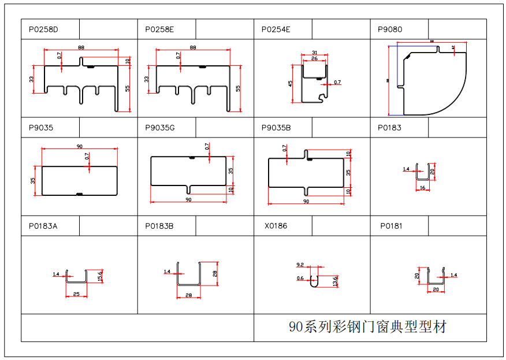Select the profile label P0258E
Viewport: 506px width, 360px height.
pyautogui.click(x=159, y=29)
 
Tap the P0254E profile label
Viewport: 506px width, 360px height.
pyautogui.click(x=276, y=29)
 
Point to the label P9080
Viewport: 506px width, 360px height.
pyautogui.click(x=389, y=29)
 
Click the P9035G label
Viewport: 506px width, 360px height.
pyautogui.click(x=160, y=128)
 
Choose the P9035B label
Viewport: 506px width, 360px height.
pyautogui.click(x=276, y=128)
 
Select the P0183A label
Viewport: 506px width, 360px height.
pyautogui.click(x=43, y=226)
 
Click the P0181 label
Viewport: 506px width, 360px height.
pyautogui.click(x=391, y=226)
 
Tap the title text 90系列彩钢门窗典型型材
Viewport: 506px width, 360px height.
pyautogui.click(x=367, y=327)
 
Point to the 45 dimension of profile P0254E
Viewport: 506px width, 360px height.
pyautogui.click(x=291, y=83)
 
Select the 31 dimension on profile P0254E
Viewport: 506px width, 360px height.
pyautogui.click(x=314, y=53)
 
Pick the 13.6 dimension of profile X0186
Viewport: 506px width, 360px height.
pyautogui.click(x=335, y=281)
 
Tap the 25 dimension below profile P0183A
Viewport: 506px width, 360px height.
pyautogui.click(x=77, y=295)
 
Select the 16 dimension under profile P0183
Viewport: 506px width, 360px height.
pyautogui.click(x=422, y=188)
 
